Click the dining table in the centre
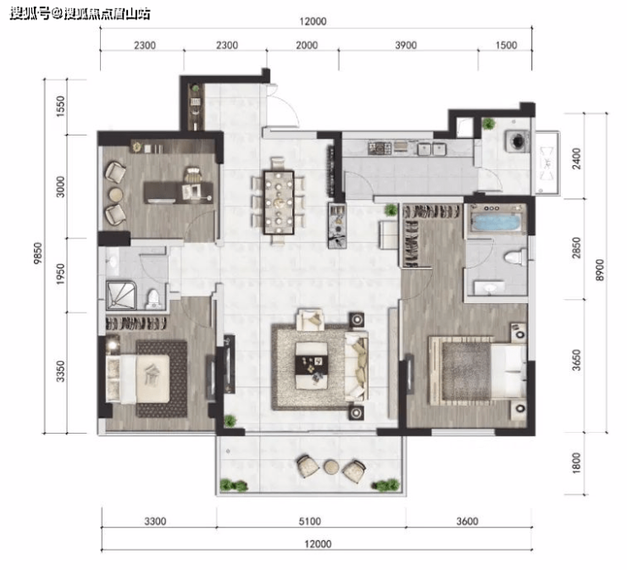coord(279,202)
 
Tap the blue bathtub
coord(497,222)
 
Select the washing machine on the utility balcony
coord(518,141)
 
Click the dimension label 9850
coord(38,253)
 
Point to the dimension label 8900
coord(599,270)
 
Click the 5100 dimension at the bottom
coord(310,521)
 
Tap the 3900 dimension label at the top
coord(406,45)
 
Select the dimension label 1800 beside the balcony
coord(576,463)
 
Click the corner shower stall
coord(121,295)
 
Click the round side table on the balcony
coord(331,468)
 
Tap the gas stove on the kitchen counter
coord(380,148)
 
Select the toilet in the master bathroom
coord(514,257)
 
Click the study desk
coord(178,192)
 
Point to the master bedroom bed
coord(477,370)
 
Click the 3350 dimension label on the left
coord(60,371)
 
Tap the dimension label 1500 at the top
coord(506,45)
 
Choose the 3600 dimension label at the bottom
coord(467,521)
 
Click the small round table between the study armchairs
coord(116,194)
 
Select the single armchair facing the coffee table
coord(310,319)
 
